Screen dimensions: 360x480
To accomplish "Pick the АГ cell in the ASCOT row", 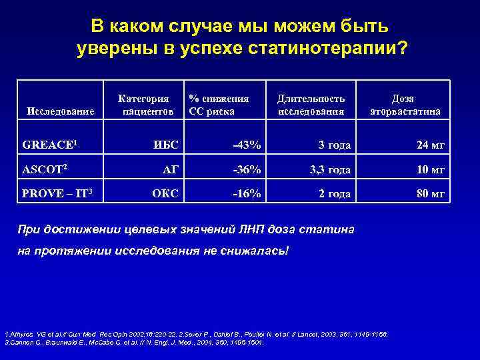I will [171, 170].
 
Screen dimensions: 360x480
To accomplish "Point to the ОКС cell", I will [165, 195].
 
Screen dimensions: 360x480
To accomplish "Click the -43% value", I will [247, 145].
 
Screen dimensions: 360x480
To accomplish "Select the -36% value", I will [247, 170].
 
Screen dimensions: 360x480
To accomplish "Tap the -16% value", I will [247, 195].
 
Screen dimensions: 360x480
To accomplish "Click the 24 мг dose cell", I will [429, 145].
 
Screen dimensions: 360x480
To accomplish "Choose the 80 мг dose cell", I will [429, 195].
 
